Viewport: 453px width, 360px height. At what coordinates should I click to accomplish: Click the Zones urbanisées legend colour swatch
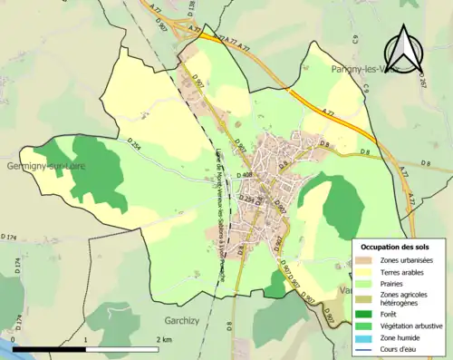click(366, 260)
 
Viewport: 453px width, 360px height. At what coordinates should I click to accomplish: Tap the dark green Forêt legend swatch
click(366, 314)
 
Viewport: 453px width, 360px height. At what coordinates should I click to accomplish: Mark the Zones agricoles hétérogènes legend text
click(404, 298)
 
